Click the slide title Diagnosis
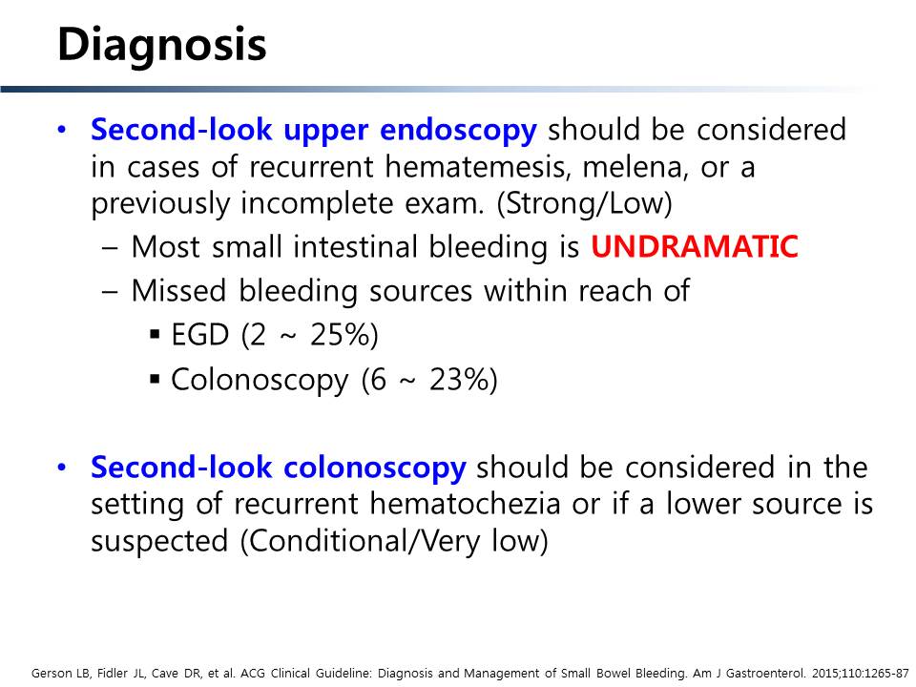coord(162,46)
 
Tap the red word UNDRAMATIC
coord(694,246)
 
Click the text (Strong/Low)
coord(584,203)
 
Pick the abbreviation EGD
coord(199,335)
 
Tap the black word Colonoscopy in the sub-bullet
coord(260,381)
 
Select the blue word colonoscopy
coord(374,468)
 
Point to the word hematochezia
coord(465,504)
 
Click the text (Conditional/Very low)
coord(394,541)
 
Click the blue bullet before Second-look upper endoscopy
coord(63,130)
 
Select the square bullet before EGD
coord(155,335)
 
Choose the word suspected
coord(159,542)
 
